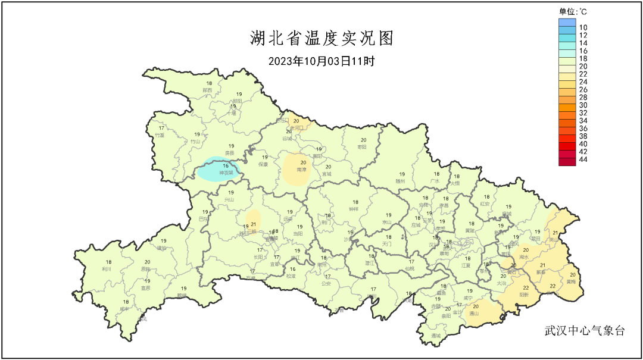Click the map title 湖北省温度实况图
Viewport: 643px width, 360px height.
click(x=321, y=39)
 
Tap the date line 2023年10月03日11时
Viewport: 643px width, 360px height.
click(x=321, y=61)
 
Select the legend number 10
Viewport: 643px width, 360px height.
click(x=583, y=27)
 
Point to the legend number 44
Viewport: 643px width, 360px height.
click(x=583, y=160)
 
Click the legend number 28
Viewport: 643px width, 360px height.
click(x=583, y=97)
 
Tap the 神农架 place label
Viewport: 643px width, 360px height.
click(x=226, y=173)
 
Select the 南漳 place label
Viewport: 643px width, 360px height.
click(x=303, y=170)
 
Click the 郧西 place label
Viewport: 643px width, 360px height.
click(x=208, y=90)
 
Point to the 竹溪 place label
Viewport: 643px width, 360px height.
click(x=160, y=135)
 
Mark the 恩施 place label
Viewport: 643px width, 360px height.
click(x=146, y=269)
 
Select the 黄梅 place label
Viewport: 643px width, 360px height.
click(x=571, y=281)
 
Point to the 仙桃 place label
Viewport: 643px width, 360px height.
click(x=410, y=268)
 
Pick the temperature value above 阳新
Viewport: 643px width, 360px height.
click(x=526, y=287)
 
